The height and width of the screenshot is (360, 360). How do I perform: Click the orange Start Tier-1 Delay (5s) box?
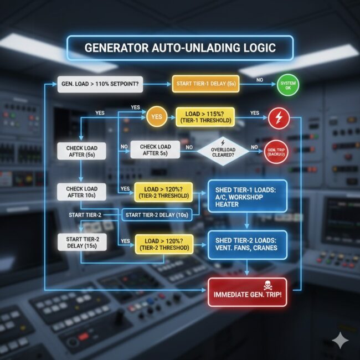tap(205, 84)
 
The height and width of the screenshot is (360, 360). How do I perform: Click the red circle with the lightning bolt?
tap(277, 117)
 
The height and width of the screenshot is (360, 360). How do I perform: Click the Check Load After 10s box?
tap(81, 192)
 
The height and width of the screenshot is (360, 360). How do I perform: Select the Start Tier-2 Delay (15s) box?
tap(81, 242)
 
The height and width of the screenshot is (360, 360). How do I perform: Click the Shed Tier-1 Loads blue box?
tap(247, 196)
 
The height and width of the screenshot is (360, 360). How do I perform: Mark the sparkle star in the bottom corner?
tap(338, 340)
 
